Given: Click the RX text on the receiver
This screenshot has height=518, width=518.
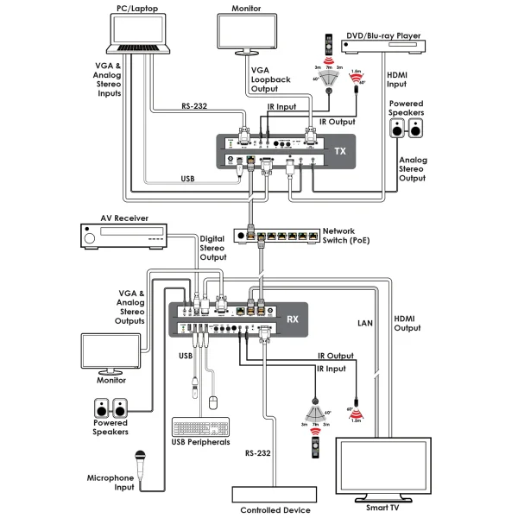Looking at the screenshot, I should coord(292,318).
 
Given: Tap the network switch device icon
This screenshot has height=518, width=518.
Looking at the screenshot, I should coord(275,234).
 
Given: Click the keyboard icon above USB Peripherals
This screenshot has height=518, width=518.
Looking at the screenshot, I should coord(201,427).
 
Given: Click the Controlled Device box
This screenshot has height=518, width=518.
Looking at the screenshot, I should coord(274,495).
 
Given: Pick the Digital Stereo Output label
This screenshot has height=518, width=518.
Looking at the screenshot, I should coord(212,247).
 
